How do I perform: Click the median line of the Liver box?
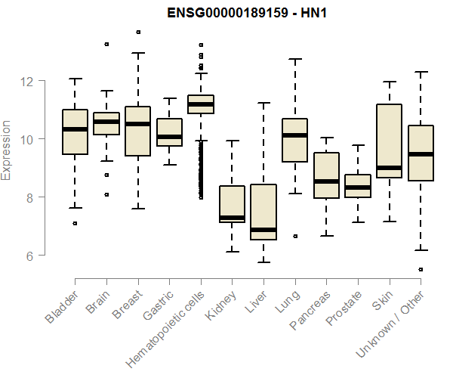coord(263,229)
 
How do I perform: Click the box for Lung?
coord(294,141)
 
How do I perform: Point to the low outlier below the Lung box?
coord(294,236)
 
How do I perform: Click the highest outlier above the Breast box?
coord(137,32)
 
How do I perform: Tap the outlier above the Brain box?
coord(106,44)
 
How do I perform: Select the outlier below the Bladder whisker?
coord(75,223)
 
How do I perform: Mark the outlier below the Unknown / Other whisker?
coord(420,269)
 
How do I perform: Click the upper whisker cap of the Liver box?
coord(263,104)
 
